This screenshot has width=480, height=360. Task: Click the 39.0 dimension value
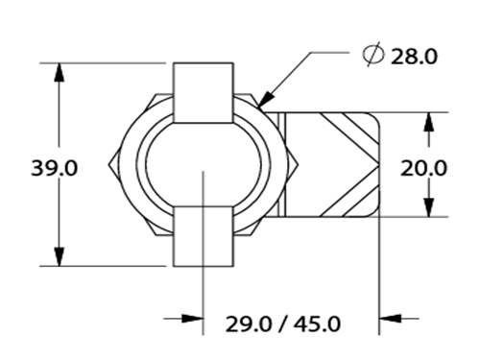[x=54, y=168]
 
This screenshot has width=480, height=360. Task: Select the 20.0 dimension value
[x=423, y=168]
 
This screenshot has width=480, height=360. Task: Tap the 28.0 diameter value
[x=414, y=57]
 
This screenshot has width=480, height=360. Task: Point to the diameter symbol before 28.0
[x=373, y=54]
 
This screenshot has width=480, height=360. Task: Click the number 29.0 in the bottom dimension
[x=249, y=324]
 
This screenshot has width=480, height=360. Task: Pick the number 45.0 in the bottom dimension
[x=318, y=324]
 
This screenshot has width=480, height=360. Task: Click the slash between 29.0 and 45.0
[x=283, y=324]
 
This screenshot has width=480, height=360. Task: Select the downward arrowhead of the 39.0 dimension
[x=60, y=256]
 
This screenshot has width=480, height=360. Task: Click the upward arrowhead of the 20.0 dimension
[x=429, y=122]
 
